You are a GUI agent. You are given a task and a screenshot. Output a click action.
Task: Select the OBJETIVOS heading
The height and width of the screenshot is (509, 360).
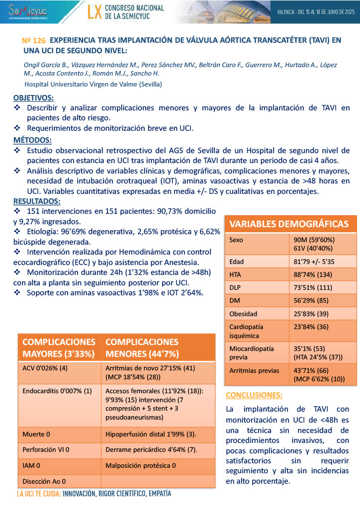pyautogui.click(x=34, y=98)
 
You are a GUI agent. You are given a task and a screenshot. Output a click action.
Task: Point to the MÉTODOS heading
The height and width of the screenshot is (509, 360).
pyautogui.click(x=32, y=140)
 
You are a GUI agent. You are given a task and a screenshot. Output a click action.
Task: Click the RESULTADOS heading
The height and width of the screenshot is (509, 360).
pyautogui.click(x=37, y=201)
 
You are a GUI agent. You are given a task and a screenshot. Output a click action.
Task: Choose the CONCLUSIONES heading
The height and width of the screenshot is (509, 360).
pyautogui.click(x=254, y=396)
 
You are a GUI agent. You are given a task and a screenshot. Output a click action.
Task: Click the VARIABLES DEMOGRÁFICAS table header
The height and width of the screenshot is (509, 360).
pyautogui.click(x=289, y=224)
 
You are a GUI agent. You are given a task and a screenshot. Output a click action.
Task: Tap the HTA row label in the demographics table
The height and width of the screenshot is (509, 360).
pyautogui.click(x=236, y=274)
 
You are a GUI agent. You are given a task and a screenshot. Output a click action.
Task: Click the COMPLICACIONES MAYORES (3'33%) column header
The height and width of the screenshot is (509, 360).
pyautogui.click(x=59, y=348)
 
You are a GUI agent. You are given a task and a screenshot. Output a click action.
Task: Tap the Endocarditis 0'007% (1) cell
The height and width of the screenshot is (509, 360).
pyautogui.click(x=57, y=391)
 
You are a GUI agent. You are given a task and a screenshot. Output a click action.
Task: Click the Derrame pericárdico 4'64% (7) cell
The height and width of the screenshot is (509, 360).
pyautogui.click(x=151, y=450)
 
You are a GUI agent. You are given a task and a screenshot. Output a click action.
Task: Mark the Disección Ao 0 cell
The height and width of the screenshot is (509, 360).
pyautogui.click(x=44, y=481)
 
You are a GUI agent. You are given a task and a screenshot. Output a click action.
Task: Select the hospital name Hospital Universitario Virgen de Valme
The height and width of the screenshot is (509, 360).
pyautogui.click(x=92, y=84)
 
